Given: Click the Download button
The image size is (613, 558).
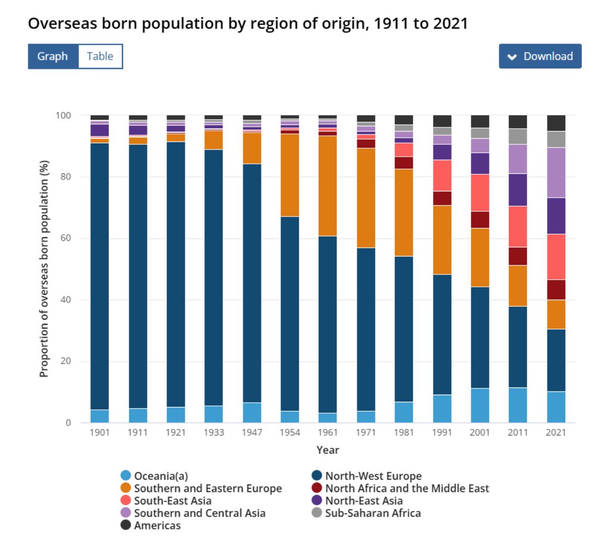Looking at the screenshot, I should pyautogui.click(x=540, y=56).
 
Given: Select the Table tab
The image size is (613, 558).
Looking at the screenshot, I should pyautogui.click(x=100, y=56).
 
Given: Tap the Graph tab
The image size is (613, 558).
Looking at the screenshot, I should pyautogui.click(x=53, y=56).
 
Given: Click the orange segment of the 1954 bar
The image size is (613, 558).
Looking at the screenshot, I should pyautogui.click(x=290, y=175).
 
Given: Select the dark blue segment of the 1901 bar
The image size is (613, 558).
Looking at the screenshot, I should pyautogui.click(x=100, y=276).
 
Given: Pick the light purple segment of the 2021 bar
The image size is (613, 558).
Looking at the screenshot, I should pyautogui.click(x=556, y=173).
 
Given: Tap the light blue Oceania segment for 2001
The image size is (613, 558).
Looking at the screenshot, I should pyautogui.click(x=480, y=405).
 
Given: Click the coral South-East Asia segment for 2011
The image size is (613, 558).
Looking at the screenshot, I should pyautogui.click(x=517, y=227).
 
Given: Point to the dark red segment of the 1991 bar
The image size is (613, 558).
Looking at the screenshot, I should pyautogui.click(x=442, y=198).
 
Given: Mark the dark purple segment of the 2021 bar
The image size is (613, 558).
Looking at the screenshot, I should pyautogui.click(x=556, y=215).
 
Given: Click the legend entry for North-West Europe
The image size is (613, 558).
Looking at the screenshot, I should pyautogui.click(x=373, y=476).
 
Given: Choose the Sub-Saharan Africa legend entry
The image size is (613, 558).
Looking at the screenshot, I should pyautogui.click(x=372, y=513).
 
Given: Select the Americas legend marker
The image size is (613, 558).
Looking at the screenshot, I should pyautogui.click(x=126, y=525).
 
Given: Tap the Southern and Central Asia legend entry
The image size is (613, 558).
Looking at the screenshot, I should pyautogui.click(x=199, y=513).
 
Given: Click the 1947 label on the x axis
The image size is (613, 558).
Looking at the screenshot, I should pyautogui.click(x=252, y=432).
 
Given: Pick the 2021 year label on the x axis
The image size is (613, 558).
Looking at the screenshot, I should pyautogui.click(x=556, y=432).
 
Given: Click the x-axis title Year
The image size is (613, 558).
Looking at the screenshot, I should pyautogui.click(x=327, y=450).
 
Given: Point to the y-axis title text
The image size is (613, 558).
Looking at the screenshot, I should pyautogui.click(x=44, y=269).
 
